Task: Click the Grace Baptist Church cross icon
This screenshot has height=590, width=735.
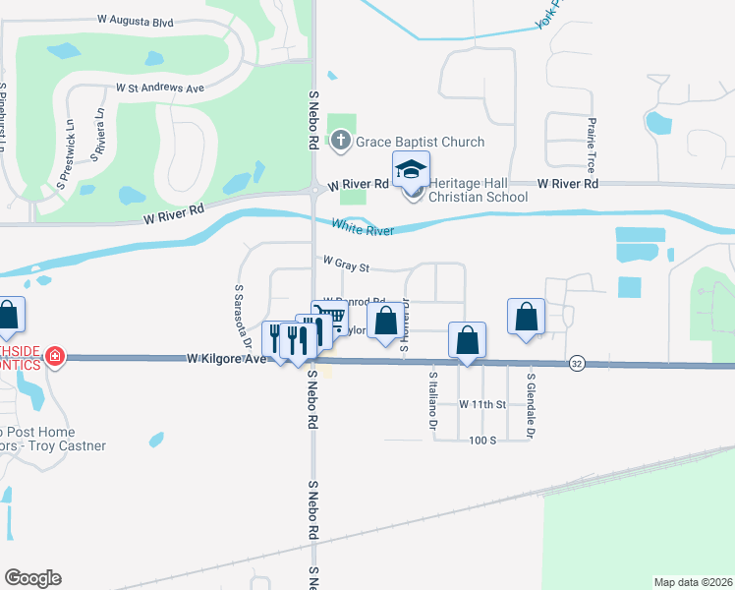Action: coord(341,142)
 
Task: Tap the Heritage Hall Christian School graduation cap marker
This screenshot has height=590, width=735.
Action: coord(412,169)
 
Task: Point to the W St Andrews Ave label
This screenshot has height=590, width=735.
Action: coord(159,88)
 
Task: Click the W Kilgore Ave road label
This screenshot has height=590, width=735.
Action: coord(227,360)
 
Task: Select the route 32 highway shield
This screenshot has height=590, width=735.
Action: coord(577,364)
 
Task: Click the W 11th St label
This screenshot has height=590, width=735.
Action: coord(481,404)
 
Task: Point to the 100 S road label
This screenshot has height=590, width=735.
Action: coord(481,440)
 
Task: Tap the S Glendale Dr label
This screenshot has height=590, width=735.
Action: coord(531,403)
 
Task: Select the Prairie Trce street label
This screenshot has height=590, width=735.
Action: coord(592,143)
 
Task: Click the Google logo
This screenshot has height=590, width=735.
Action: coord(32,578)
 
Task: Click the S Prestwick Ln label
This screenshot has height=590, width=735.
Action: coord(66,155)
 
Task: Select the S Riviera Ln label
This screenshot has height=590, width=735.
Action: coord(98,126)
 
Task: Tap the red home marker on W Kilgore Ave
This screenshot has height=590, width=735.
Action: coord(55,356)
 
